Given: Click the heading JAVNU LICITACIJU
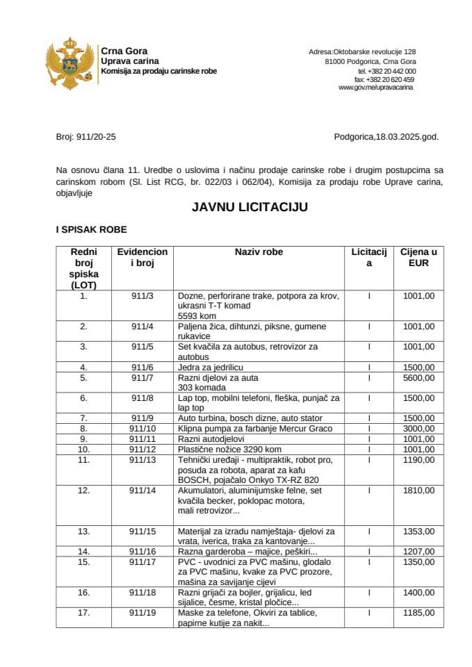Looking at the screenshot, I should click(248, 207).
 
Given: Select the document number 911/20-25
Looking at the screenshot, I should click(86, 138).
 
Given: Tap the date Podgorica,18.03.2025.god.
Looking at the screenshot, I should click(386, 138).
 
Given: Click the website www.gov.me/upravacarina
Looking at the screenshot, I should click(375, 88).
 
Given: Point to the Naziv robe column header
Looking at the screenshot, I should click(259, 252).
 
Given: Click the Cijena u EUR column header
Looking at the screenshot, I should click(418, 257).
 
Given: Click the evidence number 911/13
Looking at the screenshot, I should click(142, 460).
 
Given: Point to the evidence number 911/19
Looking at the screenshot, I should click(142, 613).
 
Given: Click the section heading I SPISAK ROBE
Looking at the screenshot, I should click(91, 229).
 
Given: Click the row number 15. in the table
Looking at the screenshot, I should click(84, 561).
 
